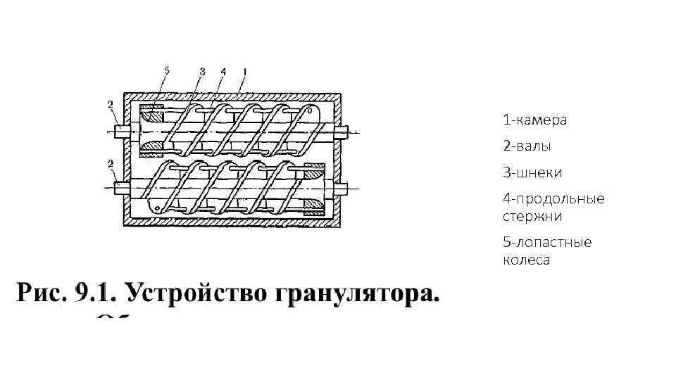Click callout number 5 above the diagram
167,70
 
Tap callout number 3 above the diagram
202,70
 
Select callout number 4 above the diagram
223,70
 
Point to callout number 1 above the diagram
244,70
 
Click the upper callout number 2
111,106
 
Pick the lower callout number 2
111,164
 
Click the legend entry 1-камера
534,120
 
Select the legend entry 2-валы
527,146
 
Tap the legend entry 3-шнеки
532,172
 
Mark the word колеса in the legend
526,260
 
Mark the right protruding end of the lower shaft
343,188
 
